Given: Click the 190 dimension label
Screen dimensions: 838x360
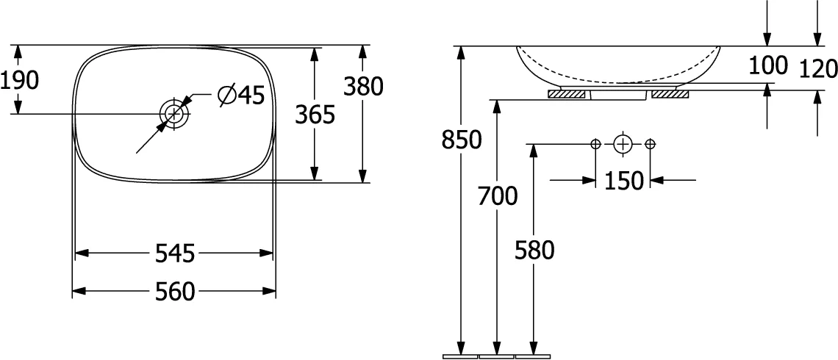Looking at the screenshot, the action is (x=20, y=81).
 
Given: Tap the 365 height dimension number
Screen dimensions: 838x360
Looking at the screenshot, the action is (x=315, y=115).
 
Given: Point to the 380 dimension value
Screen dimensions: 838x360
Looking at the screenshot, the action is (x=363, y=86).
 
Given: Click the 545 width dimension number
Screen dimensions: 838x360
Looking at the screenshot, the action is (x=175, y=253).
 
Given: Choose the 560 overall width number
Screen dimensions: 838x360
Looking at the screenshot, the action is (x=175, y=292).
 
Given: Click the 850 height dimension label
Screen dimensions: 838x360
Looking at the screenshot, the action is (x=462, y=140).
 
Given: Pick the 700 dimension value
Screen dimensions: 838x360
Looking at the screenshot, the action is (x=498, y=197).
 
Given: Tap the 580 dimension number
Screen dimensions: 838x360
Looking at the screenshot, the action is (x=534, y=250).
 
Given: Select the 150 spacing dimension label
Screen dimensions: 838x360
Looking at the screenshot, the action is (x=623, y=181).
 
